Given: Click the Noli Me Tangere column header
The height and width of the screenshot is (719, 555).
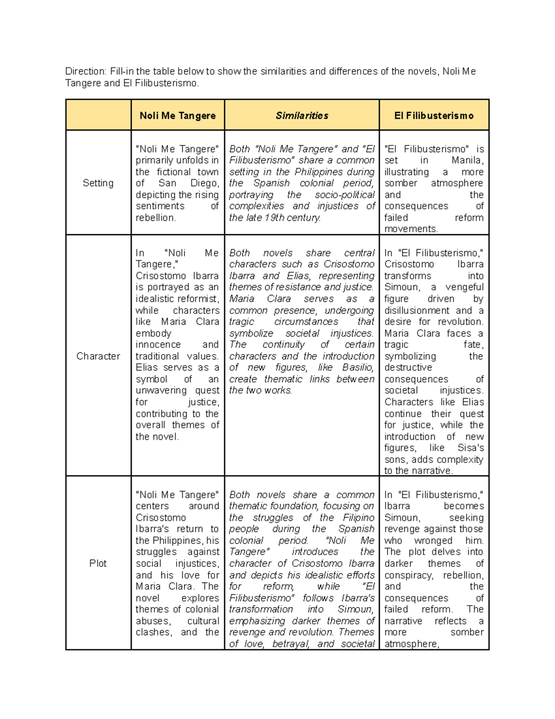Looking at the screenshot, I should [178, 116].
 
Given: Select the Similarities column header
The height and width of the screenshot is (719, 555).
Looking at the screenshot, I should [302, 116].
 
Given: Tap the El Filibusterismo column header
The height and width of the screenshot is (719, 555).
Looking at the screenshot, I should [434, 116].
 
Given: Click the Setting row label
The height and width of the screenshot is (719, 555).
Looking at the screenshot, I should [98, 183].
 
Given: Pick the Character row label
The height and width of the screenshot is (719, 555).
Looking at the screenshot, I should [98, 356].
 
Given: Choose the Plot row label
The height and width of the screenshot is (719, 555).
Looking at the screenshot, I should [98, 563].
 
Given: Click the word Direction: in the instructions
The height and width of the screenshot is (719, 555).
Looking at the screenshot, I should [86, 71].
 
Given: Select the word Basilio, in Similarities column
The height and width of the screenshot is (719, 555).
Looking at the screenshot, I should [358, 368].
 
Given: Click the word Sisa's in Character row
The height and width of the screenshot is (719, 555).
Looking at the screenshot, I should [470, 448].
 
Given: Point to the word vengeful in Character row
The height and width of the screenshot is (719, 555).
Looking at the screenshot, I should [464, 287].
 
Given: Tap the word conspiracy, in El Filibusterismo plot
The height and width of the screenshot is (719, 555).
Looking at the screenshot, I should [408, 575].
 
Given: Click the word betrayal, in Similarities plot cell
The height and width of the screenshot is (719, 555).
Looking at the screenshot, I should [291, 644].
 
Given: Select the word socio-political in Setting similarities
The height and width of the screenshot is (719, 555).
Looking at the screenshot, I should [345, 195].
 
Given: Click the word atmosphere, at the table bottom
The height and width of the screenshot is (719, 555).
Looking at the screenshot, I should [412, 644].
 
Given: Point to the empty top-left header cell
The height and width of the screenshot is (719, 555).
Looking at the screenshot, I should [98, 115].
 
